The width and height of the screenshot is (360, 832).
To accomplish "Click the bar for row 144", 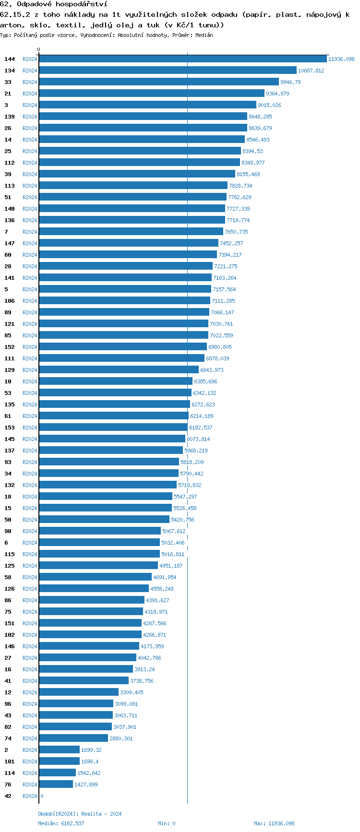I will (x=183, y=59).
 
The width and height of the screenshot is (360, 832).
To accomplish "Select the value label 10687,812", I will (x=311, y=71).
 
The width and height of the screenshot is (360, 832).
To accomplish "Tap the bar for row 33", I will (x=159, y=82).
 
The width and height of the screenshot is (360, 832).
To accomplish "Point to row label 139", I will (x=10, y=117).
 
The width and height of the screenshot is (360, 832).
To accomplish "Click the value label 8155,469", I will (x=248, y=174).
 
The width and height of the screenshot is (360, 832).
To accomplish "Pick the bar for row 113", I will (x=133, y=186).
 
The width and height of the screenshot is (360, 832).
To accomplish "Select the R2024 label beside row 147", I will (x=30, y=243).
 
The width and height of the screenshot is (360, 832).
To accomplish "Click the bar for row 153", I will (x=113, y=428).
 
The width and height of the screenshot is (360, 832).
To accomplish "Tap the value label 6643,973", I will (x=212, y=370).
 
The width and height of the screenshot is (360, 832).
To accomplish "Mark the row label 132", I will (x=10, y=485).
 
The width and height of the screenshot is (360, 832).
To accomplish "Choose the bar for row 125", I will (x=98, y=566).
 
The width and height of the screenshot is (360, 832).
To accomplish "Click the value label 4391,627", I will (x=157, y=600).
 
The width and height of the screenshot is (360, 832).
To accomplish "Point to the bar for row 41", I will (x=84, y=681).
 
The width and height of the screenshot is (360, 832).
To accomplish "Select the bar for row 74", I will (x=73, y=738).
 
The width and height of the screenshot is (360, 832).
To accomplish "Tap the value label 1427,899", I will (x=86, y=784).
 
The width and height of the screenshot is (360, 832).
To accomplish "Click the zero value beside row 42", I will (x=42, y=796).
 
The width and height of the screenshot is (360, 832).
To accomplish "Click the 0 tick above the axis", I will (x=39, y=49).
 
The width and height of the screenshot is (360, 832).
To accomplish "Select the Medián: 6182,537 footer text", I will (x=61, y=823).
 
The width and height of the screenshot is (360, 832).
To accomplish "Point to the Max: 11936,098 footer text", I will (x=274, y=823).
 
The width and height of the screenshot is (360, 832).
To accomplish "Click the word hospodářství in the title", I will (x=81, y=4).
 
